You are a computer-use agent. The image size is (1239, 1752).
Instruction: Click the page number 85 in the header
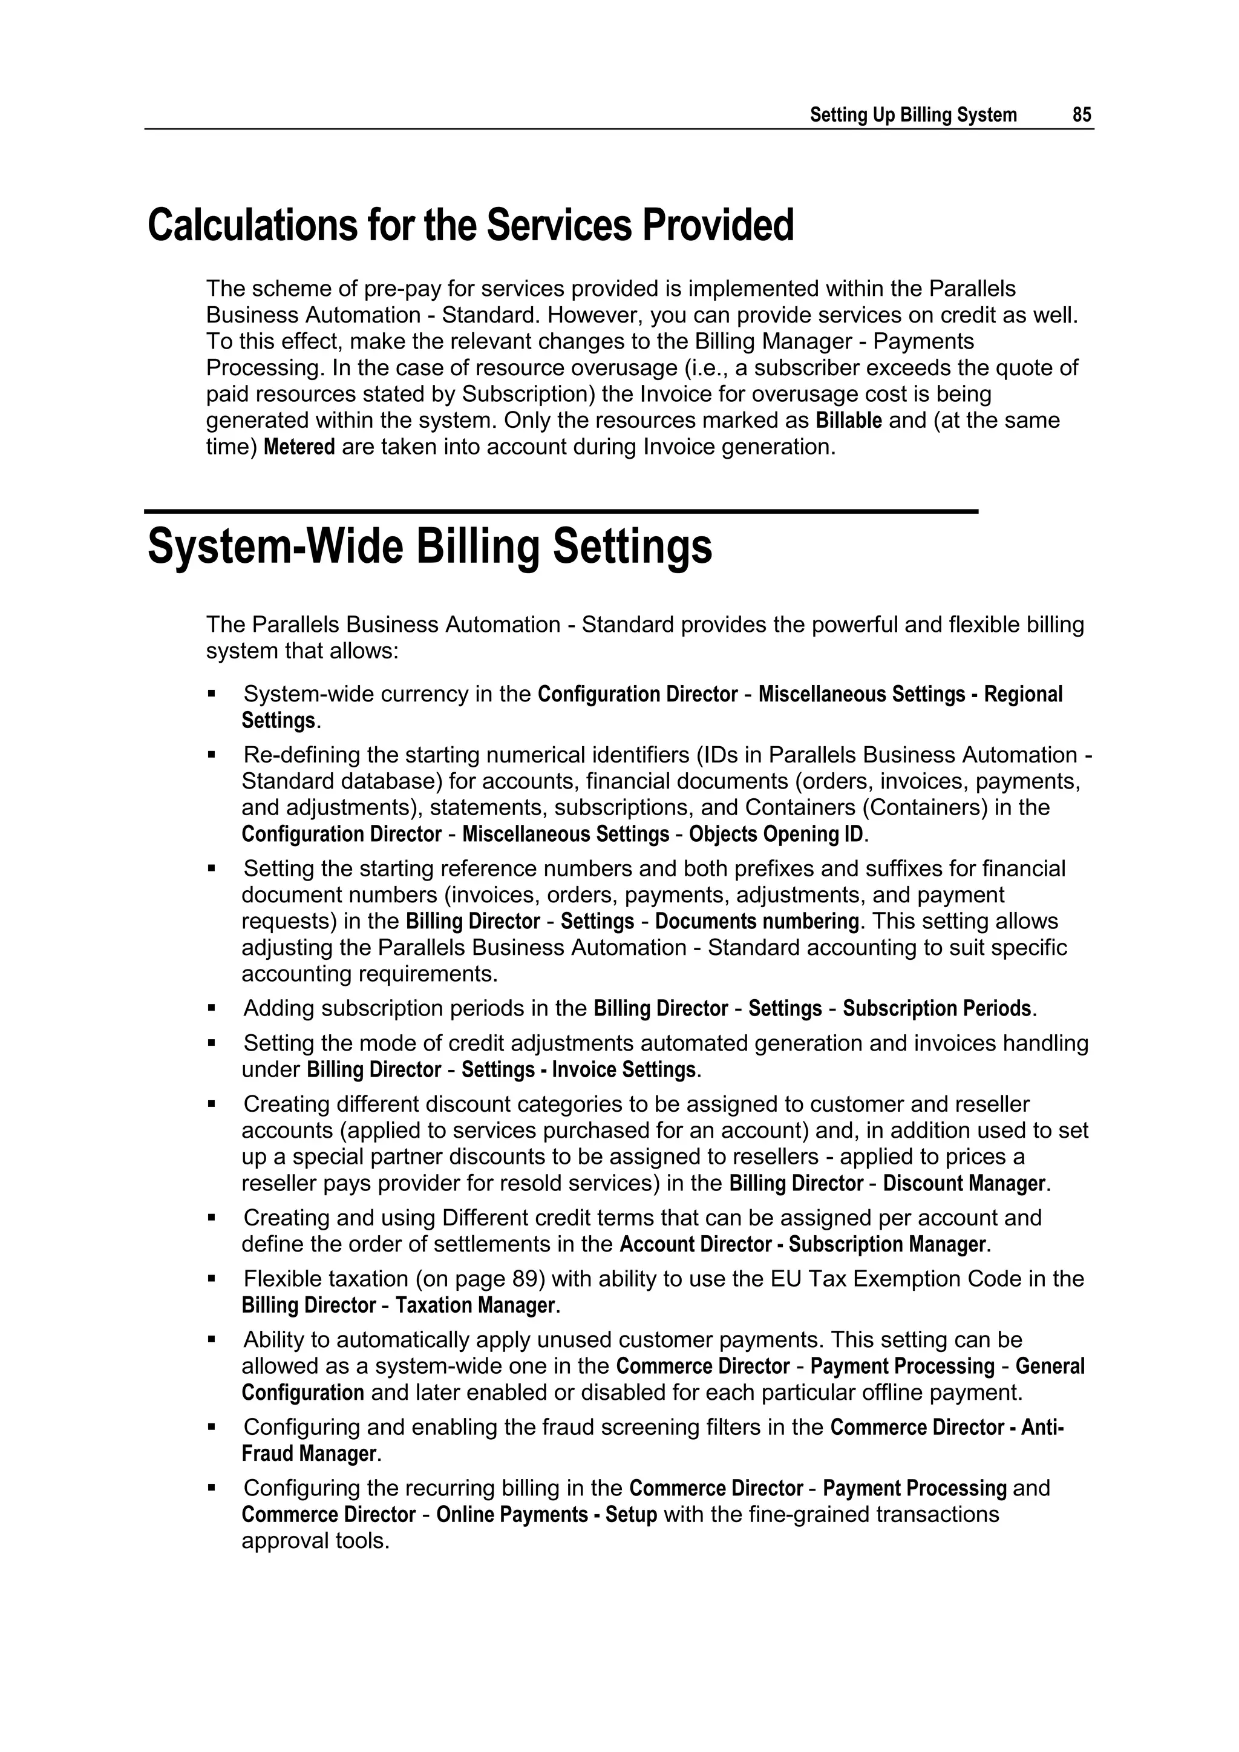click(1081, 115)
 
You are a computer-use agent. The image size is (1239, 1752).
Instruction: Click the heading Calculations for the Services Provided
click(471, 226)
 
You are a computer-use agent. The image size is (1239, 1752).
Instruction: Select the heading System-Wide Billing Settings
click(430, 547)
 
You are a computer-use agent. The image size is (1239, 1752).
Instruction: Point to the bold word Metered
click(299, 447)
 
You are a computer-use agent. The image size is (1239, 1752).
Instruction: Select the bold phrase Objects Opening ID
click(776, 834)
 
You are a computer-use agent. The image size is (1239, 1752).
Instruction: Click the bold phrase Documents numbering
click(756, 922)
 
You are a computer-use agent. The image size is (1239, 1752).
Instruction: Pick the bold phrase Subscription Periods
click(937, 1009)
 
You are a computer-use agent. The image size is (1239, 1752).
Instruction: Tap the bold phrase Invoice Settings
click(623, 1070)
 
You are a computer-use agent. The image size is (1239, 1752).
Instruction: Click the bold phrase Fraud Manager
click(309, 1454)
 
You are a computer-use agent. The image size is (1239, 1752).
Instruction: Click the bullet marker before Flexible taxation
click(212, 1278)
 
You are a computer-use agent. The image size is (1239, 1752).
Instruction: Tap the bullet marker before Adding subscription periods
click(212, 1008)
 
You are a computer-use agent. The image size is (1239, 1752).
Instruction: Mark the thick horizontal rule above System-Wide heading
click(561, 511)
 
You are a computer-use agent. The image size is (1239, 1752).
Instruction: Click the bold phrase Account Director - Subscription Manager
click(803, 1245)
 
